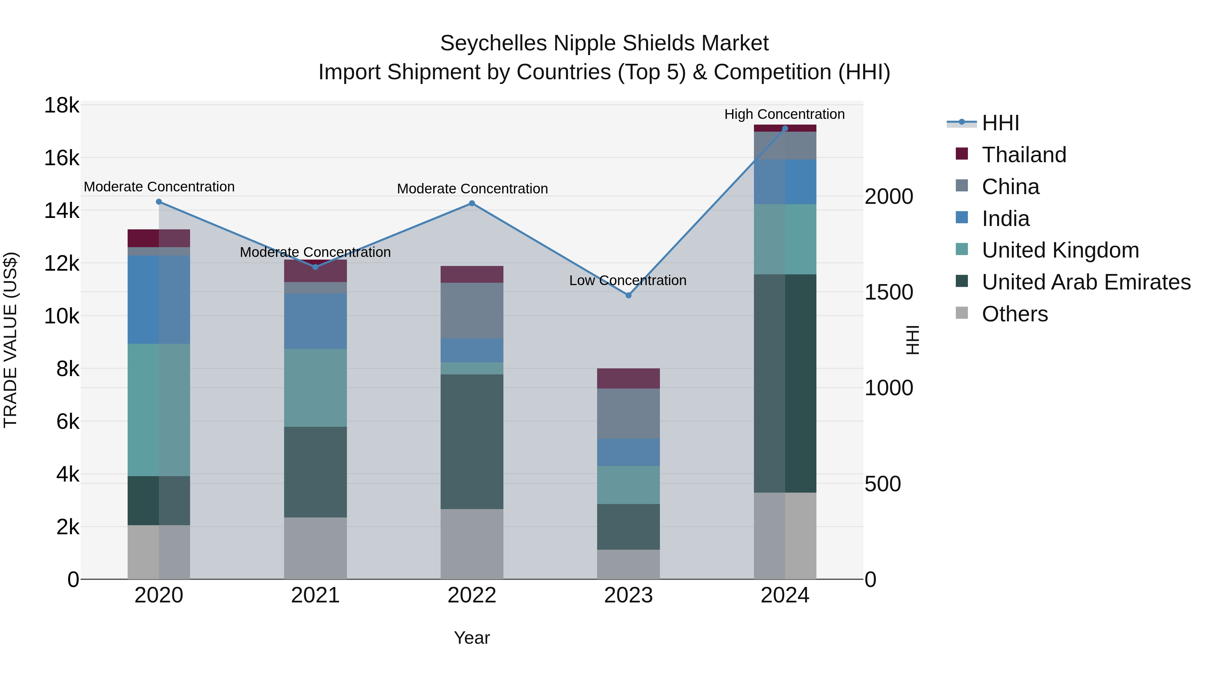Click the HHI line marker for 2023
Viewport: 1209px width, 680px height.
tap(628, 295)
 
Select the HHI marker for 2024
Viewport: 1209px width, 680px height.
tap(785, 129)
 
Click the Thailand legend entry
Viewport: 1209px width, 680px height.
tap(1024, 155)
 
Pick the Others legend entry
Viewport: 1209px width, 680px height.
tap(1014, 314)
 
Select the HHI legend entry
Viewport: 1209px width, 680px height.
tap(1000, 123)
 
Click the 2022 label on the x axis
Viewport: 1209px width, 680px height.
tap(472, 595)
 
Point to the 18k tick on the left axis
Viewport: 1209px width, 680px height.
tap(61, 105)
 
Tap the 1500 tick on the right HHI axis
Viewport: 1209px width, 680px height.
tap(888, 292)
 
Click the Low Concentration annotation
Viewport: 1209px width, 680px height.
tap(627, 281)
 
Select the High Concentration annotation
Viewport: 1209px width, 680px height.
tap(784, 115)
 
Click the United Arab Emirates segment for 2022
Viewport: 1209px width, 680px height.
tap(472, 441)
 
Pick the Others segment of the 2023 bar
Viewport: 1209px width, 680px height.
tap(628, 564)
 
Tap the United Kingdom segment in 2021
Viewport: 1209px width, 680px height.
tap(315, 388)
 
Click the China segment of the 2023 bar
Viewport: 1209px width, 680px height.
tap(628, 413)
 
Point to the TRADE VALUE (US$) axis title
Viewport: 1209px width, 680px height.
tap(10, 340)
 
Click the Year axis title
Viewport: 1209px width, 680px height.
tap(472, 638)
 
